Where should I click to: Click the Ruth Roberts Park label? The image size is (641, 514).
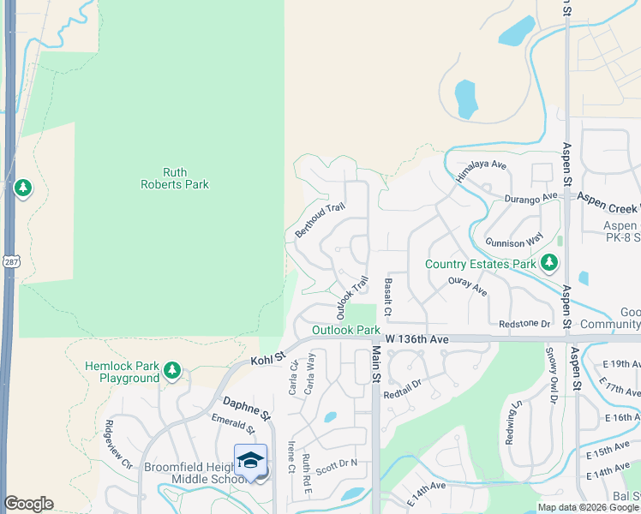click(x=175, y=178)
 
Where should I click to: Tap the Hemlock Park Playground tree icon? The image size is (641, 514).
click(x=173, y=370)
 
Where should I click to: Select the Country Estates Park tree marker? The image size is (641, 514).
click(x=548, y=264)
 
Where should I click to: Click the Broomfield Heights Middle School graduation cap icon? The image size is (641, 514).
click(x=250, y=461)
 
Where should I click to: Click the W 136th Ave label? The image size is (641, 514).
click(x=418, y=340)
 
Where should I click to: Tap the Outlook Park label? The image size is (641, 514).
click(x=345, y=330)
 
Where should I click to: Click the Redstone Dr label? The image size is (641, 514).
click(x=524, y=323)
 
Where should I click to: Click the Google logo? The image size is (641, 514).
click(x=28, y=504)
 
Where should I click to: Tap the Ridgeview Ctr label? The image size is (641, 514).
click(x=118, y=442)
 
